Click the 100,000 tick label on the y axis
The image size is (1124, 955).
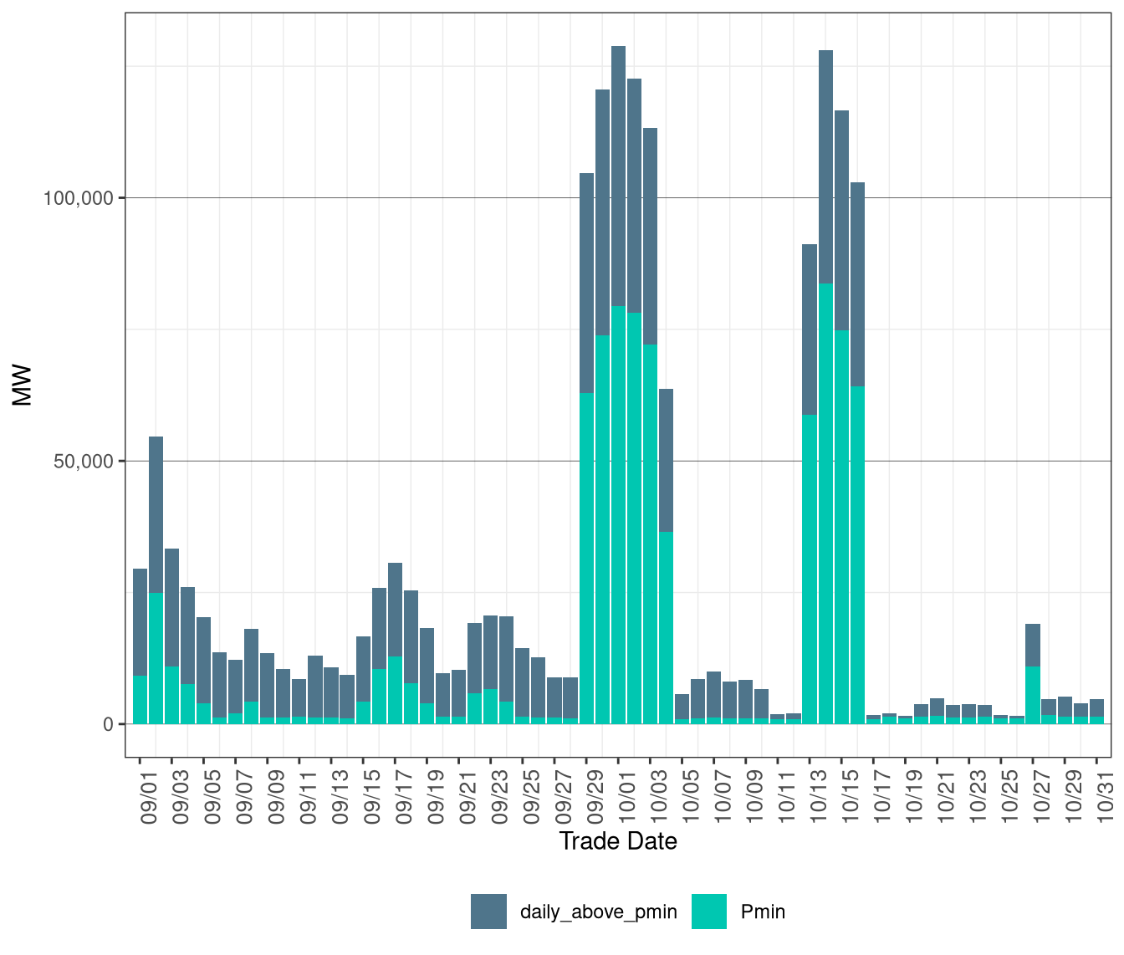pos(79,198)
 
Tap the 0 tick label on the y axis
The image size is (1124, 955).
pos(108,724)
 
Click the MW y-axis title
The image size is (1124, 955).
pos(23,385)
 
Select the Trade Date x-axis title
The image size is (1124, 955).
pos(618,841)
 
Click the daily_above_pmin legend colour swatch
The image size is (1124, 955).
pos(488,912)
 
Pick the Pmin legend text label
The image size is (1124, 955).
pos(763,912)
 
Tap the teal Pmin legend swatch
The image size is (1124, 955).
pos(709,912)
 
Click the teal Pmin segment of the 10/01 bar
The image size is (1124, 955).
pos(619,514)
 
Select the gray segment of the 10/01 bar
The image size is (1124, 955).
pos(619,176)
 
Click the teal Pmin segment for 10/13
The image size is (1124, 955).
pos(810,569)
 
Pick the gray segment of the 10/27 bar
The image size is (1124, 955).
pos(1033,645)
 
